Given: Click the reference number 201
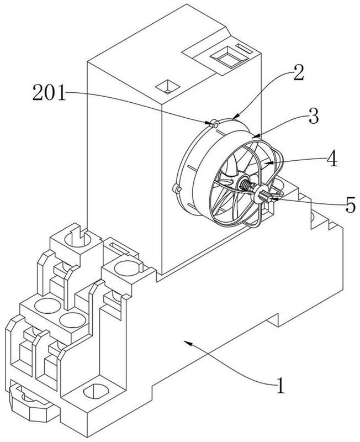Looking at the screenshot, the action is (49, 92).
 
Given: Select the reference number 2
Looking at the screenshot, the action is (298, 73).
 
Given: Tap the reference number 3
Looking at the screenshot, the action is (314, 116).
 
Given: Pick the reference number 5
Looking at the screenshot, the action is (350, 204).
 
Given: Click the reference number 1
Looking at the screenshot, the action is (280, 385).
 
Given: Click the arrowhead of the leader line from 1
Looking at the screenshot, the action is (187, 343).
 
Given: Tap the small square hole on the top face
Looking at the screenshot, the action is (168, 87).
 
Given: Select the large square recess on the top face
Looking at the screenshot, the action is (230, 57).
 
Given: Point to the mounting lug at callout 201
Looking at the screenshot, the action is (215, 123).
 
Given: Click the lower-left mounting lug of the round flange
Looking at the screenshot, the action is (177, 188).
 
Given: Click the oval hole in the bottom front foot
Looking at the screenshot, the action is (96, 391).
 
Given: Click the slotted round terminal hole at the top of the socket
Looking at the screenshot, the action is (77, 239).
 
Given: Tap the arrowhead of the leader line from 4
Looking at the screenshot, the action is (269, 162).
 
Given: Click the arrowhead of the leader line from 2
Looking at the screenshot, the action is (236, 116).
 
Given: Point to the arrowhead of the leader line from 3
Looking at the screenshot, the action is (256, 136).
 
